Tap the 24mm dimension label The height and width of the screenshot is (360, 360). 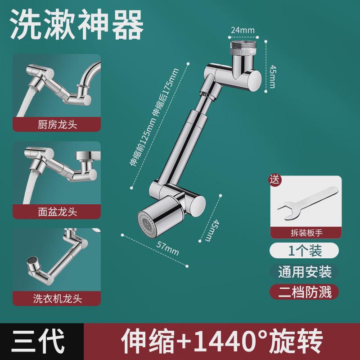(243, 31)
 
